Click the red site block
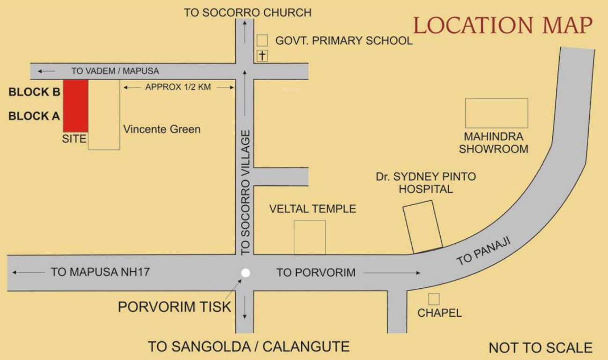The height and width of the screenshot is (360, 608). click(x=75, y=105)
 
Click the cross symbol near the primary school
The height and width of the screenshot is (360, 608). click(x=262, y=56)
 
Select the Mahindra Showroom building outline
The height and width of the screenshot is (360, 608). click(x=496, y=113)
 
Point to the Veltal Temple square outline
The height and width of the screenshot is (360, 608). click(x=310, y=237)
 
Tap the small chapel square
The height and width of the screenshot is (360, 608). click(x=434, y=299)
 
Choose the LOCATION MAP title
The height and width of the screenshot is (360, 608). click(x=503, y=26)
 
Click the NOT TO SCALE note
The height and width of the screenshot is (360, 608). click(x=541, y=348)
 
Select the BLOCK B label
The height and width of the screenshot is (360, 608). click(x=35, y=92)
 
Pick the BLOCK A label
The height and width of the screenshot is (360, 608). click(x=35, y=116)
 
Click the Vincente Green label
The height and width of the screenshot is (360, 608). click(x=162, y=129)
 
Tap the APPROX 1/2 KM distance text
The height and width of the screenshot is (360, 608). click(x=178, y=87)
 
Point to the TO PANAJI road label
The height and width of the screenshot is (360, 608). click(x=483, y=251)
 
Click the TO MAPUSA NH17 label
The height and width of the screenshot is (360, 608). click(x=100, y=272)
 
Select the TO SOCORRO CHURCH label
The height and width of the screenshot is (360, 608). click(x=247, y=13)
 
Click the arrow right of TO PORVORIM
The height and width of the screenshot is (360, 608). click(x=392, y=272)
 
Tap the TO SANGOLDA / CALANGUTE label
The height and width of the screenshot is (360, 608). click(x=249, y=347)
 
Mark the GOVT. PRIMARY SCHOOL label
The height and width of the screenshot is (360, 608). click(x=344, y=41)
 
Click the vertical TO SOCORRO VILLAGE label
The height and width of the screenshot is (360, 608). click(x=246, y=193)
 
